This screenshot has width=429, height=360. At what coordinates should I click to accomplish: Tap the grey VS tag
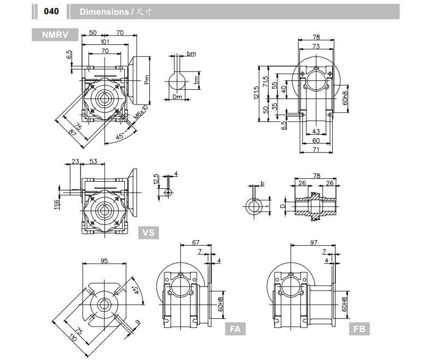click(x=148, y=233)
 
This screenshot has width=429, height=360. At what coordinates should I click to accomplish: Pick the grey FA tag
click(x=235, y=329)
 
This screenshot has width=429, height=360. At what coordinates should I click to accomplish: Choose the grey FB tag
click(x=359, y=329)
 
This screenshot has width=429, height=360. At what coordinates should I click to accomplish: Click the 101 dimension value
click(x=105, y=42)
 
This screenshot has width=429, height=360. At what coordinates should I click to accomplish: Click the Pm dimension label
click(x=147, y=80)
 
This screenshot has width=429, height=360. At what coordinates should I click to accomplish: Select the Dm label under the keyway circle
click(x=176, y=97)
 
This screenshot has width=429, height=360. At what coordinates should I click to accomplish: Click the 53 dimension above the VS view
click(x=93, y=161)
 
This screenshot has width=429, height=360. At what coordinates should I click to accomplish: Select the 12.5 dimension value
click(x=156, y=179)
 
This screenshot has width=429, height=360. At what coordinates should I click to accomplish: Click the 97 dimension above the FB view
click(x=313, y=242)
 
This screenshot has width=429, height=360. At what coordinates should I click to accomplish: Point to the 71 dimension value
click(x=315, y=149)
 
